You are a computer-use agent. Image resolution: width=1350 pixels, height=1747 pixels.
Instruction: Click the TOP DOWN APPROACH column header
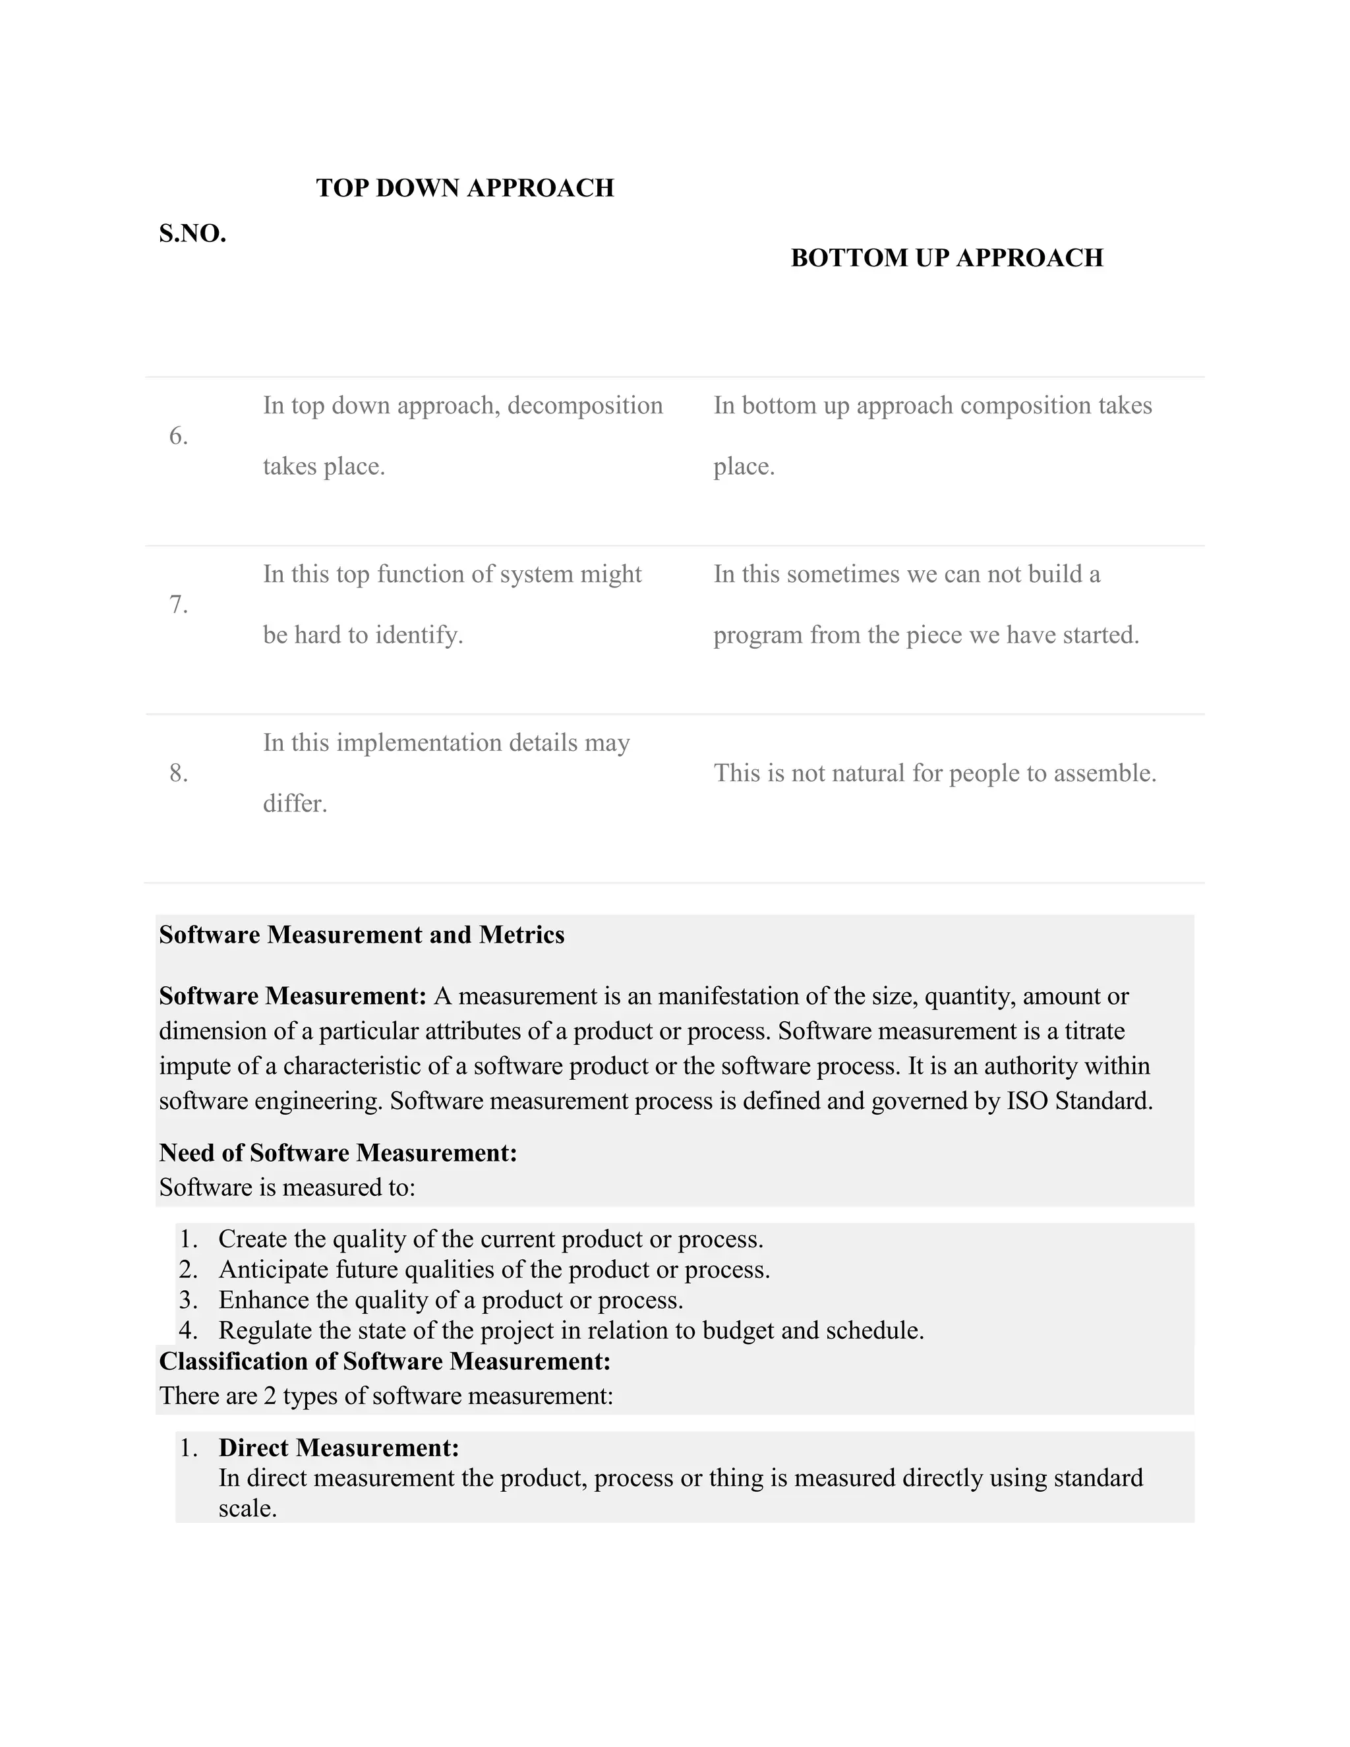click(465, 188)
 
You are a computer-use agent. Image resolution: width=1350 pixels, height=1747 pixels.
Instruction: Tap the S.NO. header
click(192, 233)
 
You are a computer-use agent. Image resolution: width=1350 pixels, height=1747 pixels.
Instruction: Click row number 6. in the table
click(179, 436)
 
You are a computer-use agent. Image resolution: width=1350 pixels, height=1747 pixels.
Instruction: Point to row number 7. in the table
click(179, 605)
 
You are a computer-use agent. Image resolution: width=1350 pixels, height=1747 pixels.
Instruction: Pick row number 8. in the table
click(179, 773)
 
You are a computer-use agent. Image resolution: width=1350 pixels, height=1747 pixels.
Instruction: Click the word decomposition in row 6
click(585, 405)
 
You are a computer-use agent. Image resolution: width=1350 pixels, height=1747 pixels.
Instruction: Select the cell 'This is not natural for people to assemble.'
click(934, 773)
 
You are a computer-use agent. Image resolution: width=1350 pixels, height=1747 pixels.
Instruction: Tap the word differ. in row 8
click(295, 803)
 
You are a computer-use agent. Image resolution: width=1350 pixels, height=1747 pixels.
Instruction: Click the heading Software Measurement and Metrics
click(361, 934)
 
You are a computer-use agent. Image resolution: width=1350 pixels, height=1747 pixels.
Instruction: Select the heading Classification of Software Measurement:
click(385, 1361)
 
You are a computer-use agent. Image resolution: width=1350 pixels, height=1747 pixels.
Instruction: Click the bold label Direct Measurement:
click(338, 1448)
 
